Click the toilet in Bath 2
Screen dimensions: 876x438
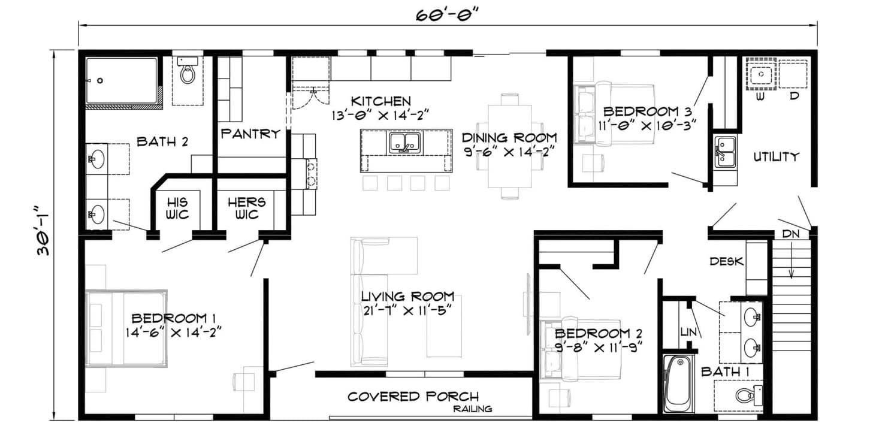188,70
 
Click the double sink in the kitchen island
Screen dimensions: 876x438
405,143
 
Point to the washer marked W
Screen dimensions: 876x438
760,74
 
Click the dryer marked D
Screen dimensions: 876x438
793,74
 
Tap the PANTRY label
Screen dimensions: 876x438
250,134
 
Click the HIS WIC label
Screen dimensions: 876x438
177,209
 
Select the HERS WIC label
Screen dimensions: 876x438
247,209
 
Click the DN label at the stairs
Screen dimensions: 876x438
791,234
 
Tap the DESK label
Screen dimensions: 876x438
727,261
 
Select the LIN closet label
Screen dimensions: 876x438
688,332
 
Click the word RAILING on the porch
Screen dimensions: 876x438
472,409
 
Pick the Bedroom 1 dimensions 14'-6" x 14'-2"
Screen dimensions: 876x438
173,333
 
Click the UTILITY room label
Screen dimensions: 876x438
777,157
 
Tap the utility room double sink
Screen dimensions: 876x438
725,152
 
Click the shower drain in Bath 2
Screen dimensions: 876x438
100,81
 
